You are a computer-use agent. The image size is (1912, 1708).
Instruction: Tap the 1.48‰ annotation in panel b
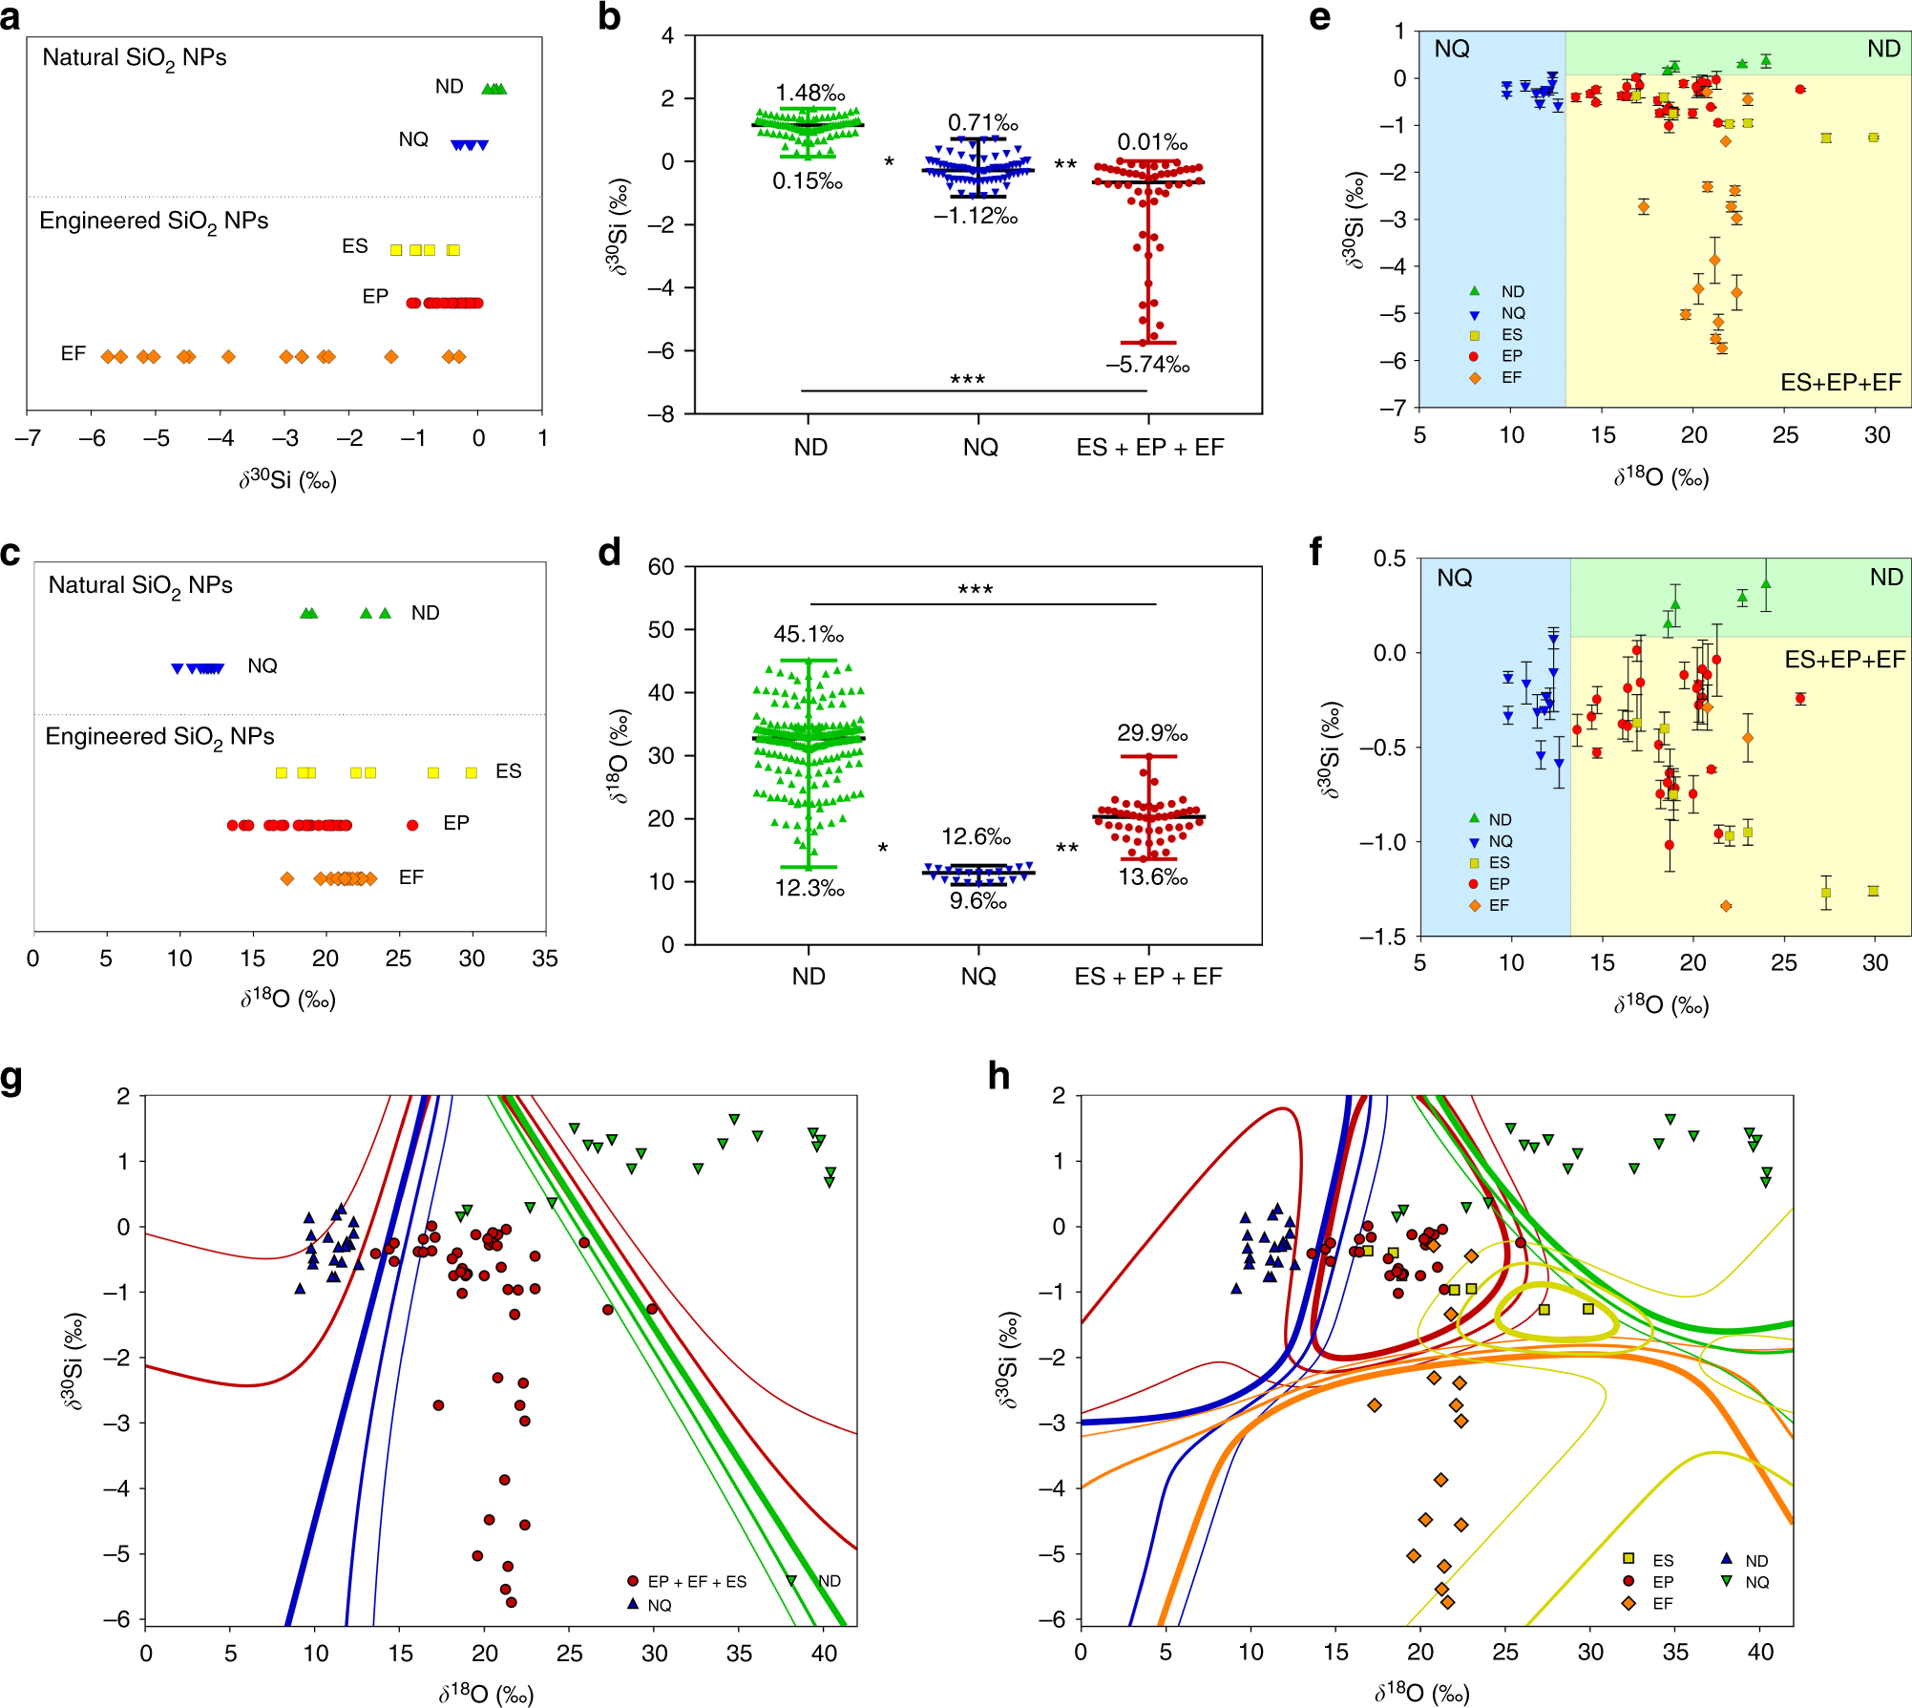809,93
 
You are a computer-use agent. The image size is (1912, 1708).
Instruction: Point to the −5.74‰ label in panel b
1147,365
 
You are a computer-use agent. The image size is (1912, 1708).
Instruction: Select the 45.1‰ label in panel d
809,634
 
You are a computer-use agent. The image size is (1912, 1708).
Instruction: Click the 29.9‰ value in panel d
1152,733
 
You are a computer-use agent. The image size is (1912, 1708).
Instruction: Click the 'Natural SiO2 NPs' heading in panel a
135,58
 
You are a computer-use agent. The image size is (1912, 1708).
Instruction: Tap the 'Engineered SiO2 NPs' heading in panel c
159,737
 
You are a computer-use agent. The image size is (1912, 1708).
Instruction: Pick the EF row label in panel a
74,354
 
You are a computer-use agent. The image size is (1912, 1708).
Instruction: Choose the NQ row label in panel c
263,665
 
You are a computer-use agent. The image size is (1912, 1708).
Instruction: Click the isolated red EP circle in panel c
412,825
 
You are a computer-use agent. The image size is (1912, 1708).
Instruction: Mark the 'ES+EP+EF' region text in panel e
1840,383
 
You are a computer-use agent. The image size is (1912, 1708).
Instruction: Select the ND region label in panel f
1886,577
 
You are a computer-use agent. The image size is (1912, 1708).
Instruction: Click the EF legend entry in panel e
1511,377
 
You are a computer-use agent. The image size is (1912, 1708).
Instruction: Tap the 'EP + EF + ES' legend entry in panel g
696,1582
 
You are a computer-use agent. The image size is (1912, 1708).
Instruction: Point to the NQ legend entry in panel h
1756,1582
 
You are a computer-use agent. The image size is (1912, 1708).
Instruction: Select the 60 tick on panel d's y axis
661,566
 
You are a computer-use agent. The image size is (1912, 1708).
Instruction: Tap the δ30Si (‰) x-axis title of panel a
287,479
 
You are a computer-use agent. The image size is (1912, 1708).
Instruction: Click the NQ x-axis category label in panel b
980,447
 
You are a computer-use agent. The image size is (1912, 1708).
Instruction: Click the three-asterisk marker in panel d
976,589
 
